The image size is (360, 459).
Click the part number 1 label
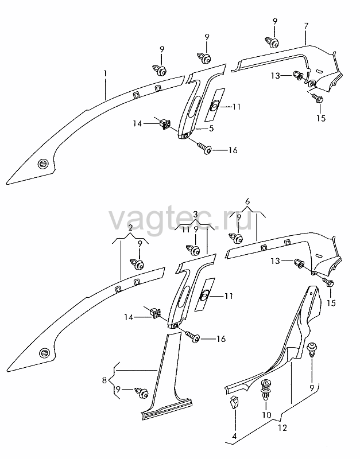pyautogui.click(x=105, y=73)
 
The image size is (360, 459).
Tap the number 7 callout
pyautogui.click(x=306, y=26)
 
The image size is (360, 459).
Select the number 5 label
pyautogui.click(x=211, y=128)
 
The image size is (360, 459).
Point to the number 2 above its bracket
pyautogui.click(x=130, y=227)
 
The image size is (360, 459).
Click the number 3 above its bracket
pyautogui.click(x=195, y=214)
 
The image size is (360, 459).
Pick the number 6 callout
pyautogui.click(x=247, y=201)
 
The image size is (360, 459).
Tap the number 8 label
pyautogui.click(x=104, y=380)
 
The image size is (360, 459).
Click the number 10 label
pyautogui.click(x=266, y=415)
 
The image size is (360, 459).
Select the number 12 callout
pyautogui.click(x=282, y=428)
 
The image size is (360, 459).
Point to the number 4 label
pyautogui.click(x=234, y=436)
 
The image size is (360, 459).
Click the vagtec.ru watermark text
pyautogui.click(x=181, y=220)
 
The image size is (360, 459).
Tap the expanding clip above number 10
pyautogui.click(x=266, y=390)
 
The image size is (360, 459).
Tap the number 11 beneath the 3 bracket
pyautogui.click(x=185, y=229)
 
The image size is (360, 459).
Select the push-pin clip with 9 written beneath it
pyautogui.click(x=312, y=349)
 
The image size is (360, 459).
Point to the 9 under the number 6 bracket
pyautogui.click(x=239, y=217)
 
